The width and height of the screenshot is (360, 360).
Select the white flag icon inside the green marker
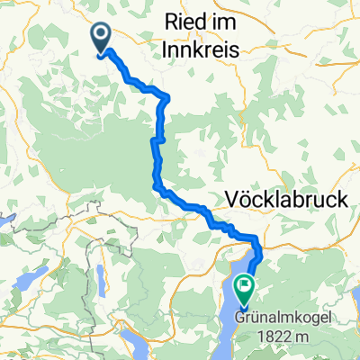(244, 285)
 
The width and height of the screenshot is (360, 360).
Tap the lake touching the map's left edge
(7, 220)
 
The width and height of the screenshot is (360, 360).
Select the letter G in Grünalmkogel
(241, 318)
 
